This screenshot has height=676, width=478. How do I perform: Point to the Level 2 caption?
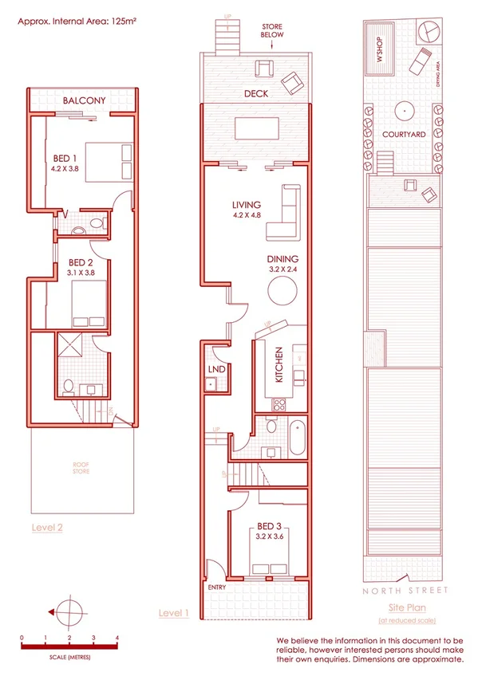point(47,528)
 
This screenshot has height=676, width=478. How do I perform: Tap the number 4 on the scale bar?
point(117,639)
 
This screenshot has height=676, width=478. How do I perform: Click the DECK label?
point(256,93)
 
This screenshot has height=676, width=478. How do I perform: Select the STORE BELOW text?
point(271,31)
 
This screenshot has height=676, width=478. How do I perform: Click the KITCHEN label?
point(279,366)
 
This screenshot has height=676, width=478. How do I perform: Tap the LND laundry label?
point(215,370)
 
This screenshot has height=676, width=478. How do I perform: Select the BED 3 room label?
point(268,526)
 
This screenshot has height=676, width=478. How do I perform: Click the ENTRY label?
point(216,588)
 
